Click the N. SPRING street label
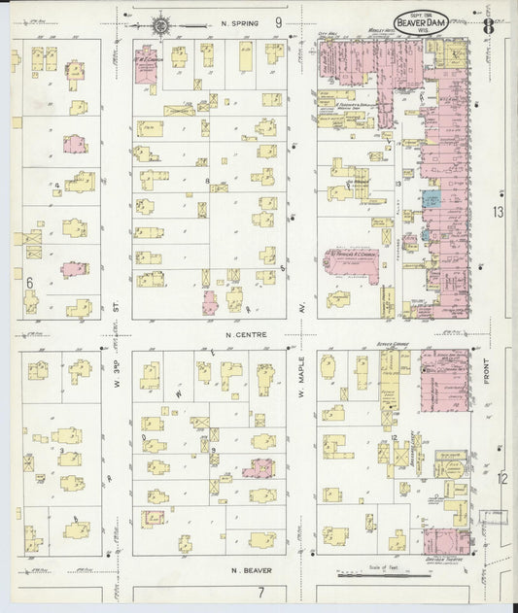(237, 21)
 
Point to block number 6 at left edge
(30, 282)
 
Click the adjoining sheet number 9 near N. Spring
(278, 21)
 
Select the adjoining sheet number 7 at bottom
(260, 592)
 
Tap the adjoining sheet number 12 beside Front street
(502, 477)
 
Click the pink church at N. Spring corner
(146, 60)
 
